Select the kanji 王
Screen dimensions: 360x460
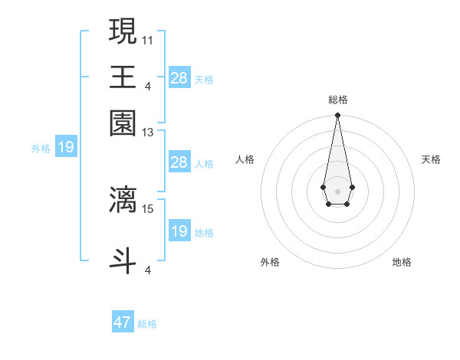pos(123,77)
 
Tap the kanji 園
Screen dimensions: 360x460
pos(123,123)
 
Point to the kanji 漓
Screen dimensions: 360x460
pos(123,200)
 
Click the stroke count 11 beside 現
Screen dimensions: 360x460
pos(148,39)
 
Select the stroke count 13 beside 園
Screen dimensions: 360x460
pos(148,133)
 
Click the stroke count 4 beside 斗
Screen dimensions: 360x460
pos(148,270)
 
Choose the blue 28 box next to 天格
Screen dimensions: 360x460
pos(179,77)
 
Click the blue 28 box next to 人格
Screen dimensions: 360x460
pos(179,162)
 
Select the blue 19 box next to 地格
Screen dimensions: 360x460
pos(179,231)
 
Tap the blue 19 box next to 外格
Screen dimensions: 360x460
pos(66,147)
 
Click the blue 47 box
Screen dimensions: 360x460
pos(123,322)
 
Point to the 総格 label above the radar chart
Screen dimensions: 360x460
pos(337,100)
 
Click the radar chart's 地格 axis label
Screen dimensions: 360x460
pos(402,262)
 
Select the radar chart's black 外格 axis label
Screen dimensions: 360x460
pos(270,262)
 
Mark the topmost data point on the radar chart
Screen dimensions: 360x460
pos(337,116)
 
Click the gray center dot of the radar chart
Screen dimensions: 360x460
pos(337,191)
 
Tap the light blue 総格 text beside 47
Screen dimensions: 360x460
pos(147,324)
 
